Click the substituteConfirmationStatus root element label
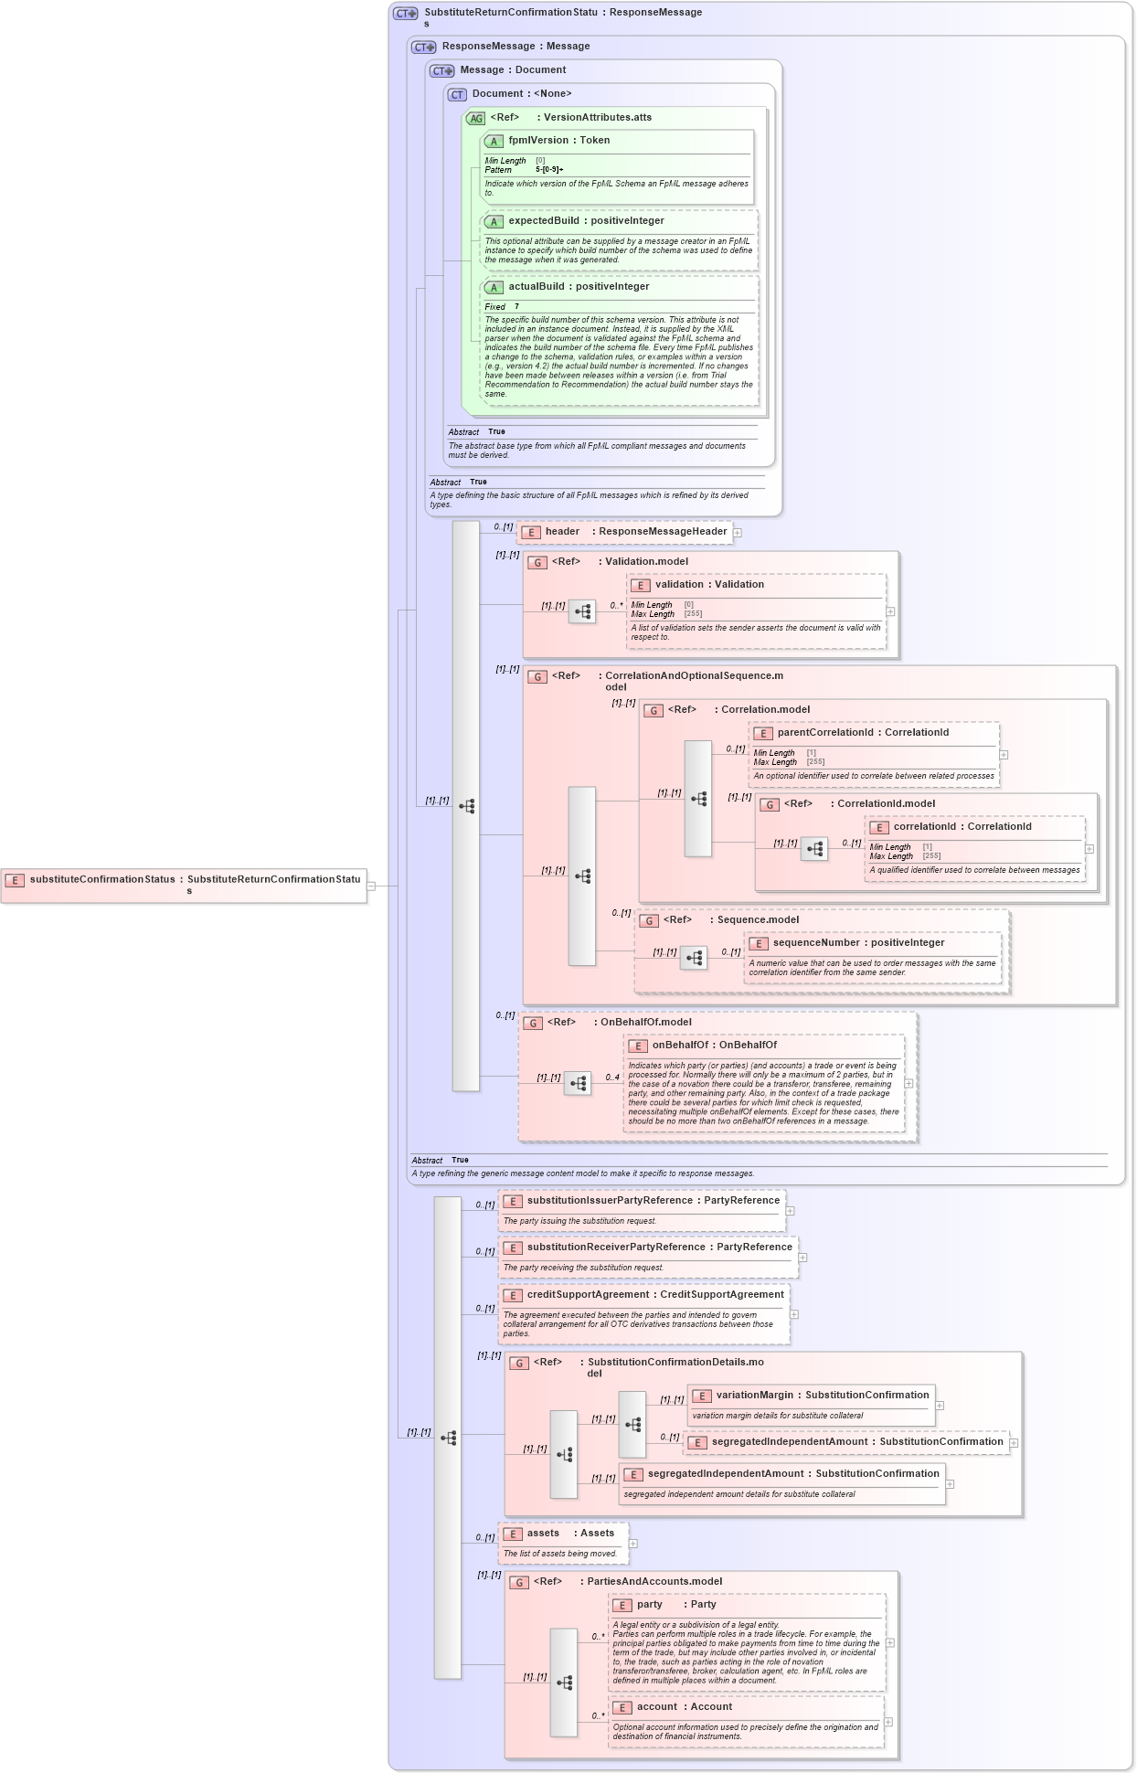[x=101, y=879]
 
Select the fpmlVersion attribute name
[x=538, y=141]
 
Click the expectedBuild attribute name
[x=543, y=221]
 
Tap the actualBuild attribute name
[x=537, y=287]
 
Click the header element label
[x=562, y=532]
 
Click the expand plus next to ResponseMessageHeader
[x=738, y=533]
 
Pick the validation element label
[x=679, y=585]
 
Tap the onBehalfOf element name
[x=679, y=1046]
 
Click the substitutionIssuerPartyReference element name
[x=610, y=1201]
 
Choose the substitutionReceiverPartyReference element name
[x=616, y=1247]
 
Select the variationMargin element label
[x=754, y=1396]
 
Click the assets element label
[x=543, y=1534]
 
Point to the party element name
[x=650, y=1605]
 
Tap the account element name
[x=657, y=1707]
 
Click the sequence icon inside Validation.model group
[x=582, y=611]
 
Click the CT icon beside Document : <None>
[x=457, y=94]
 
